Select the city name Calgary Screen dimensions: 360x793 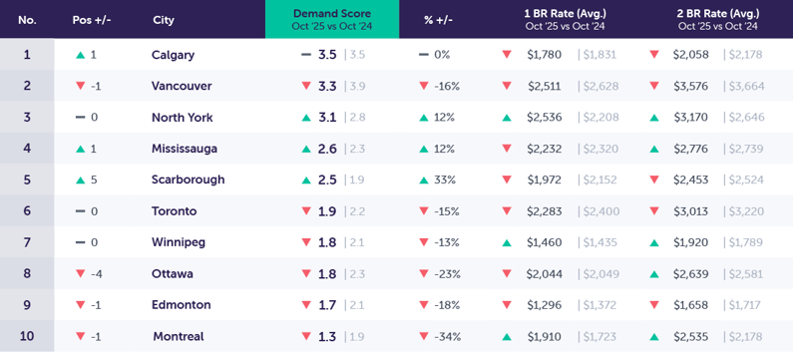coord(173,55)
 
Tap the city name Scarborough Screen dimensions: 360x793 coord(188,180)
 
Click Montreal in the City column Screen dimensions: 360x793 coord(178,336)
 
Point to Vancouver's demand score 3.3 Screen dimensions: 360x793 coord(327,86)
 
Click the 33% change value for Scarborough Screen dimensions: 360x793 coord(444,180)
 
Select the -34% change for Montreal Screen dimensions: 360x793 coord(446,336)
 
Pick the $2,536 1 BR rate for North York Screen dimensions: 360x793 coord(545,118)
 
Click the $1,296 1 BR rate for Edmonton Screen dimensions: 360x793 coord(545,305)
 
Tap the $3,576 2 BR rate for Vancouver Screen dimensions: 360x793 coord(690,86)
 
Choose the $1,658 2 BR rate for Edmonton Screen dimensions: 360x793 coord(690,305)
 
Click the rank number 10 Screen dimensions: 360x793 coord(27,336)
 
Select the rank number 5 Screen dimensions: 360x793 coord(27,180)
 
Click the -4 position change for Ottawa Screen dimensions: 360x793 coord(96,273)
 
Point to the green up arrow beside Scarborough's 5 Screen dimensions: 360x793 coord(80,180)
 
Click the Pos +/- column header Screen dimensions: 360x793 coord(93,20)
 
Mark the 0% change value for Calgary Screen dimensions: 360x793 coord(442,55)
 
